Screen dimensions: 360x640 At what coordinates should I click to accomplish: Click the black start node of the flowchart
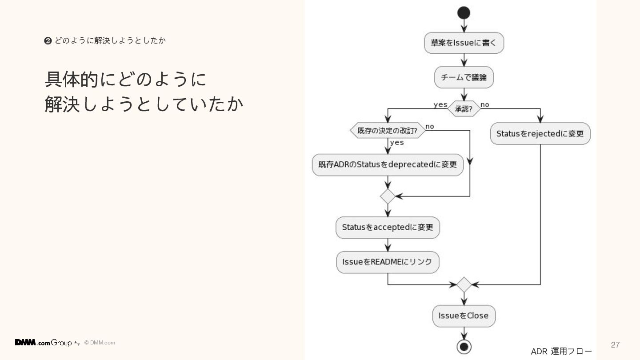click(464, 13)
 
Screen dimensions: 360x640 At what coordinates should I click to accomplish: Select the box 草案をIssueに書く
click(464, 43)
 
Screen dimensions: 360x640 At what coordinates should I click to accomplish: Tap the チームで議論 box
click(464, 77)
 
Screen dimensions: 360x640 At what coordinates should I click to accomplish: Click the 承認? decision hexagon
click(464, 108)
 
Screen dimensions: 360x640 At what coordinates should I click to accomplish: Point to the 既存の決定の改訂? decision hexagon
click(388, 131)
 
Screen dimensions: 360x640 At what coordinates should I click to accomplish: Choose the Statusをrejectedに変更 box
click(540, 133)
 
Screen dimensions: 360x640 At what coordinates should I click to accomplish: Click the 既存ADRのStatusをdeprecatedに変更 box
click(388, 164)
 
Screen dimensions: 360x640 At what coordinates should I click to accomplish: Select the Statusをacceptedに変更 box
click(388, 227)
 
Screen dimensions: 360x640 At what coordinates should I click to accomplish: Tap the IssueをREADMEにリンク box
click(388, 262)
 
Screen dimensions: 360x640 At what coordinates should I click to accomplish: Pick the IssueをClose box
click(464, 316)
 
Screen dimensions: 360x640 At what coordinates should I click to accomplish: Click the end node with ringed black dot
click(464, 346)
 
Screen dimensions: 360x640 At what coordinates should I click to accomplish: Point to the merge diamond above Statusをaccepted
click(388, 196)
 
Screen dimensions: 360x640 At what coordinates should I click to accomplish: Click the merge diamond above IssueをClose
click(464, 284)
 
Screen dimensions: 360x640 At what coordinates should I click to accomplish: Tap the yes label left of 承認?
click(440, 104)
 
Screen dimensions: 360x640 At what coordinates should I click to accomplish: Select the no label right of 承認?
click(485, 104)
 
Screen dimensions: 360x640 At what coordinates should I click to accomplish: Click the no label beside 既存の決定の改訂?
click(429, 126)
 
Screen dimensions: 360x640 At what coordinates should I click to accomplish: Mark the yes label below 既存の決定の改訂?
click(397, 142)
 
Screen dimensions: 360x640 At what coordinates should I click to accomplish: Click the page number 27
click(615, 345)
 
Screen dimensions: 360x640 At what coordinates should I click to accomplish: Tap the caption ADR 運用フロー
click(561, 352)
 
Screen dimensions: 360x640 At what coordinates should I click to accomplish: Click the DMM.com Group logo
click(43, 343)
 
